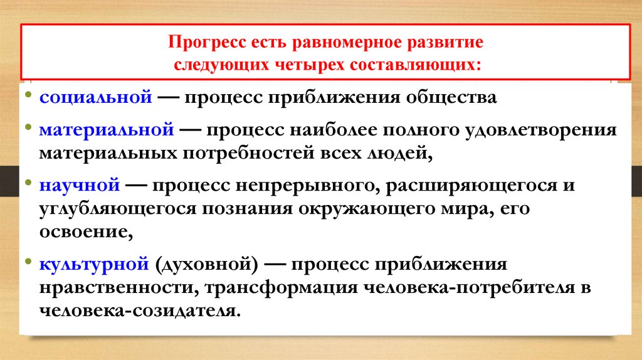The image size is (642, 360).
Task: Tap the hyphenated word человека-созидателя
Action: tap(139, 311)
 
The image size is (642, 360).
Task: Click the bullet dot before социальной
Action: tap(29, 98)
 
